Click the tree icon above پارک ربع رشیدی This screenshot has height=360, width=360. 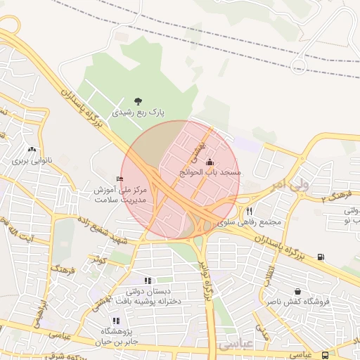(x=137, y=101)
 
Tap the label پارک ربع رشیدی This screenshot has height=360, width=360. (x=137, y=112)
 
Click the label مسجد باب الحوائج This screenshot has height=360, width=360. (x=210, y=172)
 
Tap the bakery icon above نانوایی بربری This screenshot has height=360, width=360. (x=31, y=150)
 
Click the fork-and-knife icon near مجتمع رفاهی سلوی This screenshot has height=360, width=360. (x=248, y=211)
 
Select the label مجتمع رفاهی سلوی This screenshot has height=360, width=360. (x=249, y=222)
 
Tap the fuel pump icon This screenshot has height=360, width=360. (x=321, y=257)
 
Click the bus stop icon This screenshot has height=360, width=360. (x=325, y=356)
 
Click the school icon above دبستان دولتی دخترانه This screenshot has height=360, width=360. (x=148, y=281)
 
